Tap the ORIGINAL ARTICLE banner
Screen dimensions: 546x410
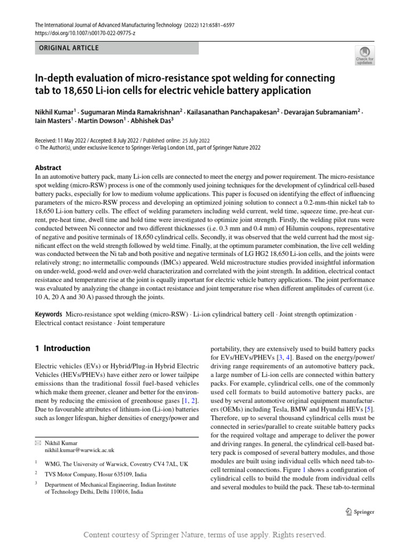click(x=69, y=48)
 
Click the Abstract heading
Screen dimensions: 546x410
click(x=48, y=167)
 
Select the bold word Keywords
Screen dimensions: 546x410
click(x=48, y=315)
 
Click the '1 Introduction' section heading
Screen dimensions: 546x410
click(x=62, y=348)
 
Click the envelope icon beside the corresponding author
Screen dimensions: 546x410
click(x=37, y=443)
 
